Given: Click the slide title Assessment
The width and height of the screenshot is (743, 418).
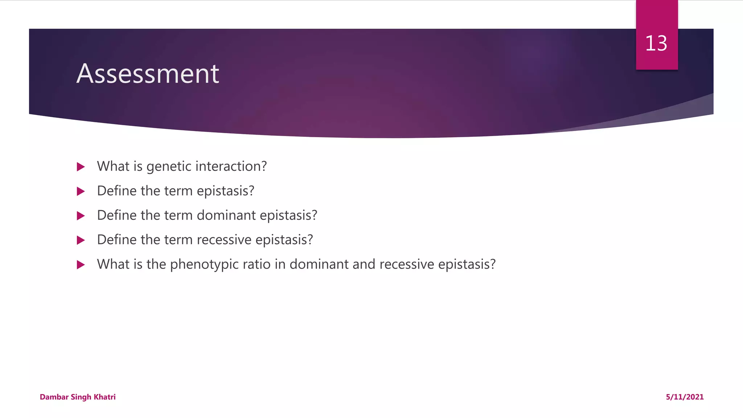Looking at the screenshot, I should click(148, 74).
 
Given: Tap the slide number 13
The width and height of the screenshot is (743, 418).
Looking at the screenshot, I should click(656, 44).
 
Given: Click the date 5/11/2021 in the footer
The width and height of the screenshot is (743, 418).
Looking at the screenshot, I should click(685, 397).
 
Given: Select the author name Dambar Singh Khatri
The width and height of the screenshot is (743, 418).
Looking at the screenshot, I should click(78, 397).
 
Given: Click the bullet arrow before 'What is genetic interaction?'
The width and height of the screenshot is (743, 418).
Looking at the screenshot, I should click(81, 167).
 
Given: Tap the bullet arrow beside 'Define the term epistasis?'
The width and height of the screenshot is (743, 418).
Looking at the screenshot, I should click(81, 191).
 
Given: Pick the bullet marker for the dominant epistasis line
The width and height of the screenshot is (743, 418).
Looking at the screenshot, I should click(81, 216).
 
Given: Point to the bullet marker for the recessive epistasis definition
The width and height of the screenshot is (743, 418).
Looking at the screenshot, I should click(81, 240).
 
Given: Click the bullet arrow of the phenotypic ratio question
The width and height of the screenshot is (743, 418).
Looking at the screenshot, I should click(81, 265).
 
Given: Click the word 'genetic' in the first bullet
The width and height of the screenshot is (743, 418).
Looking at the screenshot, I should click(169, 167).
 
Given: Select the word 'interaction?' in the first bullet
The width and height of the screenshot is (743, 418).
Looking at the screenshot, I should click(231, 166).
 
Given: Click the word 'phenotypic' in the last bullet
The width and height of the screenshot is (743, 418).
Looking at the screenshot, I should click(204, 265).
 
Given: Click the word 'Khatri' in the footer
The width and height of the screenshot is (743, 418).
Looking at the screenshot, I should click(104, 397).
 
